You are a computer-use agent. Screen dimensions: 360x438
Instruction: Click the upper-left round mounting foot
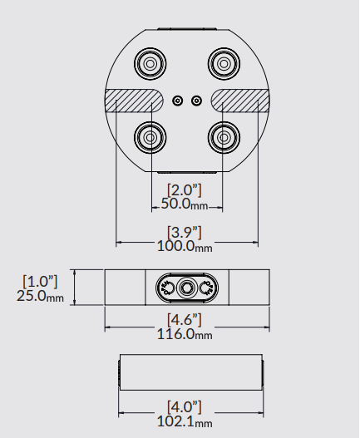pyautogui.click(x=150, y=64)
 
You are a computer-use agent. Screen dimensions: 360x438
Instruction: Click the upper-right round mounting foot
pyautogui.click(x=224, y=64)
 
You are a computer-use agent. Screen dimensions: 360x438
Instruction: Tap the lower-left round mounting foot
pyautogui.click(x=150, y=137)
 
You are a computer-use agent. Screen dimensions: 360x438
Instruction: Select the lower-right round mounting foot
pyautogui.click(x=224, y=137)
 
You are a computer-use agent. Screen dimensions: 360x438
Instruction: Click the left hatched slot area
pyautogui.click(x=134, y=101)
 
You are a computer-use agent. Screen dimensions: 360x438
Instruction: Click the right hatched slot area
pyautogui.click(x=240, y=101)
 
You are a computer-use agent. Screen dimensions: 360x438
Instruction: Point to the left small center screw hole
pyautogui.click(x=178, y=101)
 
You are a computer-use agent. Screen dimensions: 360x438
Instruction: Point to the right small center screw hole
pyautogui.click(x=196, y=101)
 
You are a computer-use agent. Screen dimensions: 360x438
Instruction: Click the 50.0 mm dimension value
pyautogui.click(x=185, y=204)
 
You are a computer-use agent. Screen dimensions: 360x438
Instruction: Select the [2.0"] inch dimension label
pyautogui.click(x=185, y=190)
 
